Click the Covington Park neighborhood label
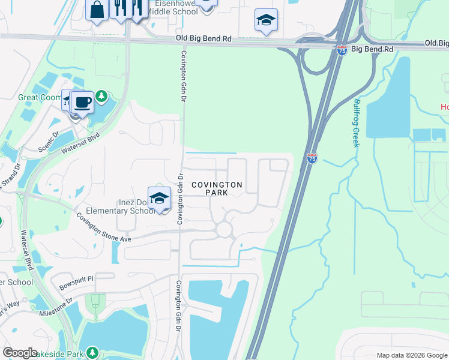217,188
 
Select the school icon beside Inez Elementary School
159,199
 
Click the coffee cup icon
82,101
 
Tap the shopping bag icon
97,10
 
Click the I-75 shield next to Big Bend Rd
342,50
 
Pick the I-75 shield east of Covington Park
312,158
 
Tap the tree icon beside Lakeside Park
92,353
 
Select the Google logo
20,353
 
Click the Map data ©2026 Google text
411,355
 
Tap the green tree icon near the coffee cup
102,95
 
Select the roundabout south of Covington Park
224,229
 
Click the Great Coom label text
40,97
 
